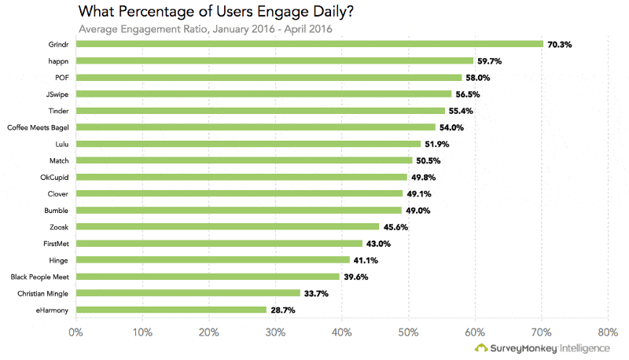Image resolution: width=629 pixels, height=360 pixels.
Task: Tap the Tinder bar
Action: point(260,111)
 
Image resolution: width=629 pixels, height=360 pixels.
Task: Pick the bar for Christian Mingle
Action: point(188,293)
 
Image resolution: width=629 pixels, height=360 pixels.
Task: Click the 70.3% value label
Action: point(559,45)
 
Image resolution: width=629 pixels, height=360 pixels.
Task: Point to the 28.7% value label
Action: point(283,310)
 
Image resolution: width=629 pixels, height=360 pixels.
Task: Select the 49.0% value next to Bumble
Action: point(418,211)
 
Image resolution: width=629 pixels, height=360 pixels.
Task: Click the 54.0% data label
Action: point(451,127)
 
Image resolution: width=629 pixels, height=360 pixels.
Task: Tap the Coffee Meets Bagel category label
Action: point(39,127)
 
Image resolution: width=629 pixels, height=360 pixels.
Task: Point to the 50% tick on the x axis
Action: point(408,332)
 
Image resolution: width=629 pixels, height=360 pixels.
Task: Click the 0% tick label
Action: point(75,332)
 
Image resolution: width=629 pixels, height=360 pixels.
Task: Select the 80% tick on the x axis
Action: point(607,332)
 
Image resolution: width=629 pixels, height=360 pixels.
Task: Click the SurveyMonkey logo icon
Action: point(480,348)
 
